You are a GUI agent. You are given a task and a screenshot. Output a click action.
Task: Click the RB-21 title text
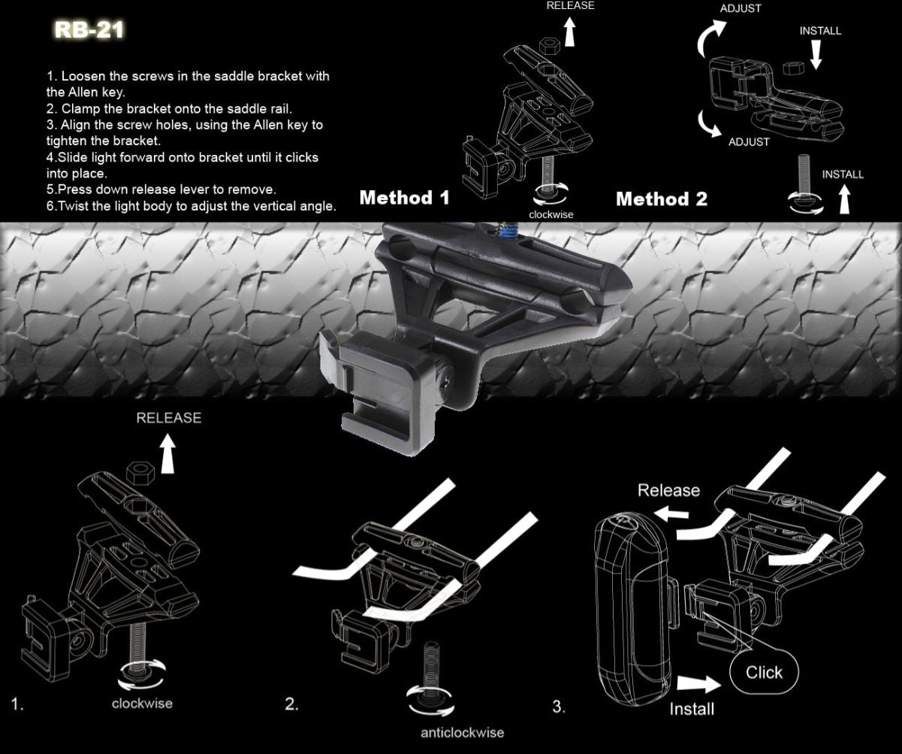pos(89,30)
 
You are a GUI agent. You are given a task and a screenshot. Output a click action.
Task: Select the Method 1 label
pos(404,198)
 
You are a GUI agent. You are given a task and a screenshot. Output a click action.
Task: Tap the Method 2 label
pos(662,199)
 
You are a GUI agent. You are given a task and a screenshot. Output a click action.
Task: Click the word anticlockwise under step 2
pos(462,733)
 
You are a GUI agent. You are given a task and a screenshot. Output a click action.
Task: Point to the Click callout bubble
pos(764,672)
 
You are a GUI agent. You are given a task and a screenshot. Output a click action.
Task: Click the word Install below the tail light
pos(692,710)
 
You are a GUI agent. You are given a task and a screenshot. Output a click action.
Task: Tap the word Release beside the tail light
pos(668,490)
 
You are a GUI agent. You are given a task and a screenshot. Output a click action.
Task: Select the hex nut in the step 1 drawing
pos(140,473)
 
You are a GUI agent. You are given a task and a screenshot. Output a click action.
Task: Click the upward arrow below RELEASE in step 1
pos(168,454)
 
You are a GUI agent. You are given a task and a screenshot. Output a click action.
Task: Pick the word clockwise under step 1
pos(142,704)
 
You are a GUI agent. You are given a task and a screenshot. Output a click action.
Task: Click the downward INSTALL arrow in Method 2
pos(816,55)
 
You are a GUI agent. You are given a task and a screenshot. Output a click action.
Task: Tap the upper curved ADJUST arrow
pos(708,38)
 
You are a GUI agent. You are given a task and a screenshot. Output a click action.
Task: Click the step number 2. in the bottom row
pos(291,704)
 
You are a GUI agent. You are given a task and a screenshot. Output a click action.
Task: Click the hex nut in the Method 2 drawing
pos(793,68)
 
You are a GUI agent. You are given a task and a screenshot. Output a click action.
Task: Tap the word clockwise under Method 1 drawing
pos(551,215)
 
